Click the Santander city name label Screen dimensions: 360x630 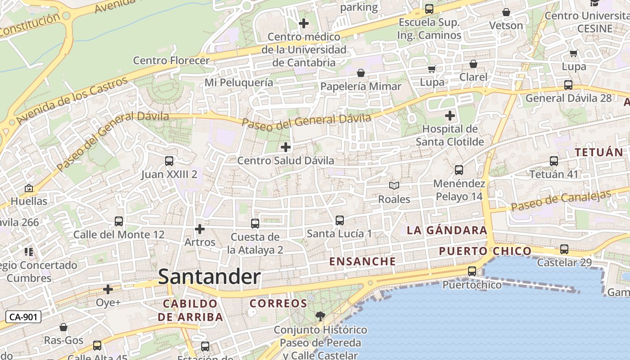[x=209, y=277]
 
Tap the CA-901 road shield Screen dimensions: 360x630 [x=23, y=317]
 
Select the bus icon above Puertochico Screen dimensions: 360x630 [x=472, y=271]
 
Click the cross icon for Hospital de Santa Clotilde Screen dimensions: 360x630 [x=450, y=116]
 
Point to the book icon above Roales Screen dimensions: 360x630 [x=394, y=185]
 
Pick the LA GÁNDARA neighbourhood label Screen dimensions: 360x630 [x=447, y=230]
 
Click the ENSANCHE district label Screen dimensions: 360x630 [x=362, y=261]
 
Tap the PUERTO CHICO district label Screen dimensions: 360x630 [x=485, y=251]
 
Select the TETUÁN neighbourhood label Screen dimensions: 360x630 [x=599, y=153]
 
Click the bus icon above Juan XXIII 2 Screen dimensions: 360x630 [x=169, y=161]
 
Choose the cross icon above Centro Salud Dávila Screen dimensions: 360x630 [x=285, y=147]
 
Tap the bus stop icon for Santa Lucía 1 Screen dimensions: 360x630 [x=340, y=220]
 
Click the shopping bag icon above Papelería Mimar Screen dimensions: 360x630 [x=361, y=73]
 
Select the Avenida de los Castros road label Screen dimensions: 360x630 [x=72, y=101]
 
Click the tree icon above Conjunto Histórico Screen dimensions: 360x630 [x=320, y=316]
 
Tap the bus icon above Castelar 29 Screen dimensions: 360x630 [x=564, y=249]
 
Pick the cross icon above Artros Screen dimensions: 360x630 [x=200, y=229]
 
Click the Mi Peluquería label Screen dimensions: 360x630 [x=238, y=82]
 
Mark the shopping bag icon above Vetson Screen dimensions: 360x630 [x=506, y=12]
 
